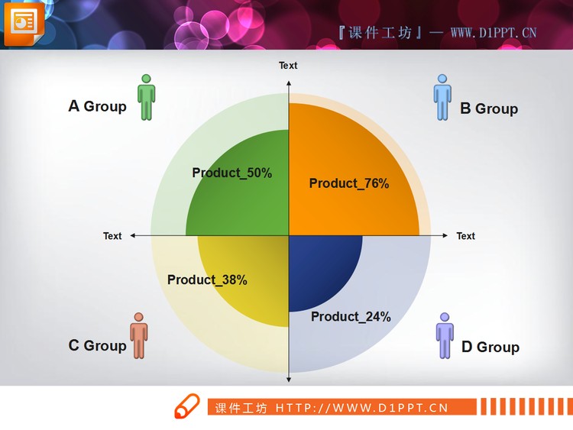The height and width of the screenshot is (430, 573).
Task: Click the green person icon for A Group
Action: point(147,97)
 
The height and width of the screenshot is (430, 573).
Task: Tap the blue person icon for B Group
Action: point(442,97)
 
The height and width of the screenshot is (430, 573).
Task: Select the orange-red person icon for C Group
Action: point(138,335)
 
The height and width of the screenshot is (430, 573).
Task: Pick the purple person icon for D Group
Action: point(445,335)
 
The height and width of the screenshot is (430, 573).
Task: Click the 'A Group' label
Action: point(97,106)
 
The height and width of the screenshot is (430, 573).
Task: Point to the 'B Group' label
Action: point(488,108)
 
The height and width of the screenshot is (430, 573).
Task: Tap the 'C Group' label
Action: point(97,345)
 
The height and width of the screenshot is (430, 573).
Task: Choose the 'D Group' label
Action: point(490,347)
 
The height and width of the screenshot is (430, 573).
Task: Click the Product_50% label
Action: point(231,173)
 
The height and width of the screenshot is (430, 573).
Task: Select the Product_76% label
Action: point(349,183)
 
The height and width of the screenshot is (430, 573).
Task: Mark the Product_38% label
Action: point(207,280)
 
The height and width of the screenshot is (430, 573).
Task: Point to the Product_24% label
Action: point(351,316)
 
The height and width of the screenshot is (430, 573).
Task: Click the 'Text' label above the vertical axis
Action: point(288,66)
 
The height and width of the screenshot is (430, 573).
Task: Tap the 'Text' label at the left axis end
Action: point(112,236)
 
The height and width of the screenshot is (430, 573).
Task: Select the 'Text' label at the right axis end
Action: point(465,236)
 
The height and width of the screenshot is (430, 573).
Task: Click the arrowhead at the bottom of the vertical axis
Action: point(289,378)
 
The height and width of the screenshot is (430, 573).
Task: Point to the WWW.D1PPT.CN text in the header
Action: point(494,32)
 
